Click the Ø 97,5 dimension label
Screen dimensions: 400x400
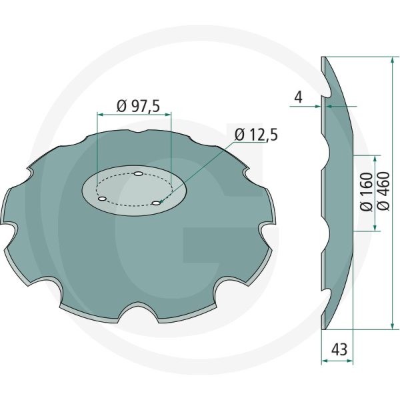[x=142, y=105]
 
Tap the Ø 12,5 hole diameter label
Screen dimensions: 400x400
[x=256, y=135]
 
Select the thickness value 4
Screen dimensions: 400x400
[x=297, y=97]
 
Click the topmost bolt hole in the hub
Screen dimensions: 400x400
[x=137, y=175]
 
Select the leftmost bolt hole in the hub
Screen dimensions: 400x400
[x=101, y=199]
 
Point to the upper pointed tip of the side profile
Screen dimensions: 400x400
[x=323, y=57]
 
